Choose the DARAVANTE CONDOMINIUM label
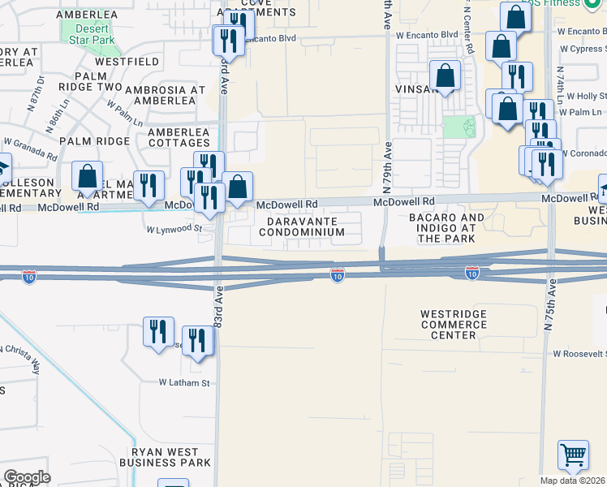coord(301,226)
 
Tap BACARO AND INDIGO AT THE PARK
coord(446,228)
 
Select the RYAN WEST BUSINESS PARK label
coord(165,457)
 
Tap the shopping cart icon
coord(573,456)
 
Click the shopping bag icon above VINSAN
coord(445,77)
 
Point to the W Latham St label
coord(183,382)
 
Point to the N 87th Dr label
coord(41,86)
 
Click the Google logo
coord(27,477)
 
